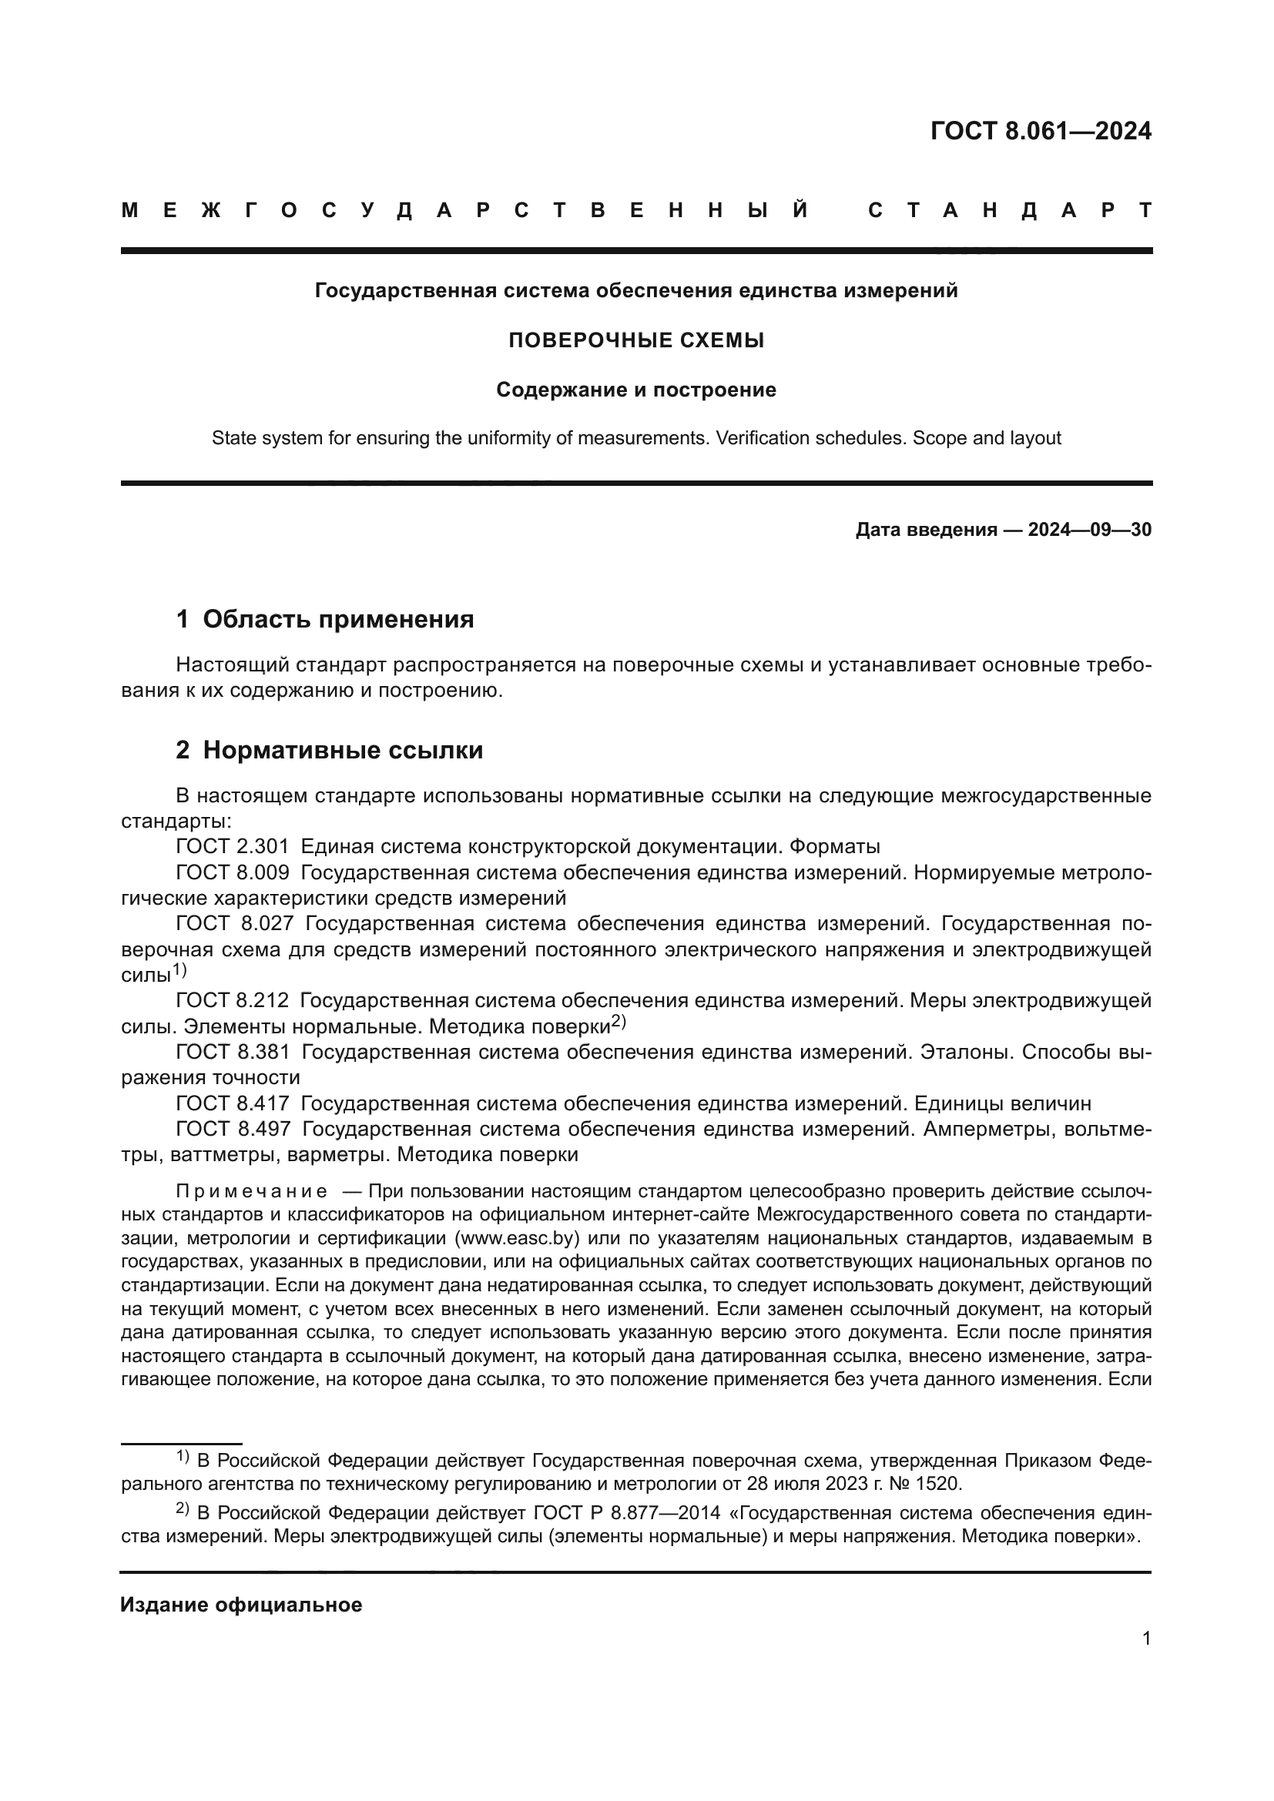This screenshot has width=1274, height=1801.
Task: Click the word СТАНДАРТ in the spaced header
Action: pyautogui.click(x=1011, y=210)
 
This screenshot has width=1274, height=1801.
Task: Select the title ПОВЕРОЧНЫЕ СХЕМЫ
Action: pyautogui.click(x=636, y=340)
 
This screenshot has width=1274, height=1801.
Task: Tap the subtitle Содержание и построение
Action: pyautogui.click(x=636, y=390)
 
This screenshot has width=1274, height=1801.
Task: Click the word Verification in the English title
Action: pyautogui.click(x=759, y=438)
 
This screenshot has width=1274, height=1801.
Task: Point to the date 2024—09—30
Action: pyautogui.click(x=1090, y=531)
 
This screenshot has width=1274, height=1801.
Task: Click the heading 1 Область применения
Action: pyautogui.click(x=325, y=620)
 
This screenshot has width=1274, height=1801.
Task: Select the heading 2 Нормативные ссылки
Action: pyautogui.click(x=330, y=751)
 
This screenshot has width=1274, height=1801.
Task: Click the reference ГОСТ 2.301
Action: pyautogui.click(x=232, y=847)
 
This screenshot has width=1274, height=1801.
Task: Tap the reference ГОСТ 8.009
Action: pyautogui.click(x=232, y=872)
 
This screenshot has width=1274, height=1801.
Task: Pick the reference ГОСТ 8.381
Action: pyautogui.click(x=232, y=1053)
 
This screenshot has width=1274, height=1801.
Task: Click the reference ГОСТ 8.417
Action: pyautogui.click(x=232, y=1104)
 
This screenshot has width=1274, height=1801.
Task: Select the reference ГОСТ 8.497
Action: pyautogui.click(x=232, y=1130)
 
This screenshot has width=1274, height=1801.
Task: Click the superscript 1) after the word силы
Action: pyautogui.click(x=179, y=970)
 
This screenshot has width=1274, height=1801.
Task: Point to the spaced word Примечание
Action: pyautogui.click(x=252, y=1192)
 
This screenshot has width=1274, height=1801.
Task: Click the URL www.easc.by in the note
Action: pyautogui.click(x=516, y=1239)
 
